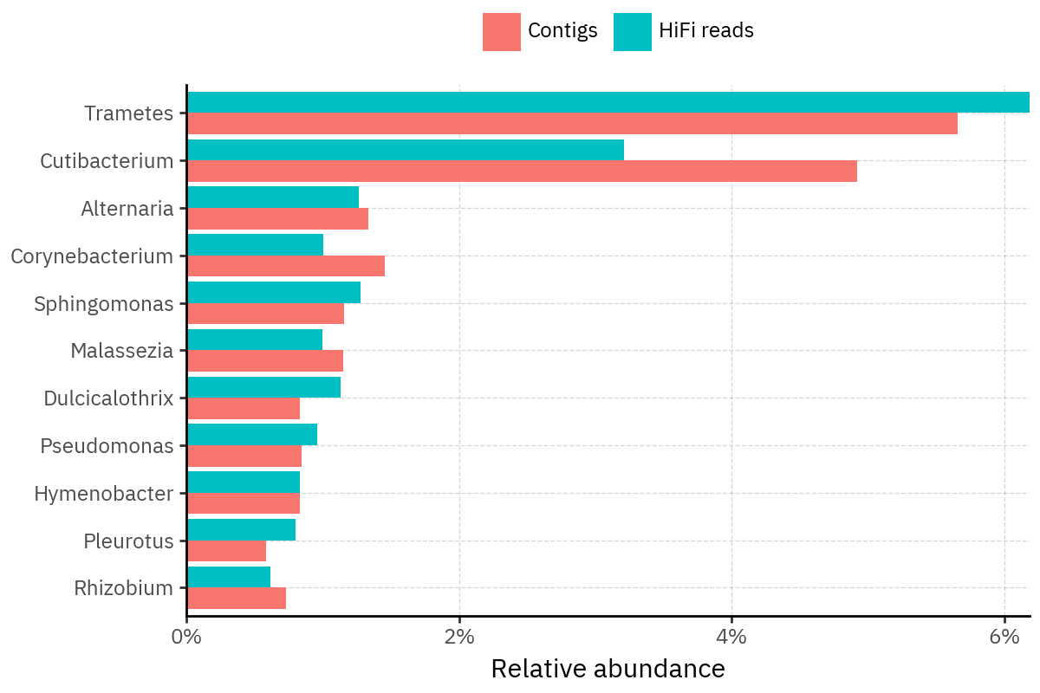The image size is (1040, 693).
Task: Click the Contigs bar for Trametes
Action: pyautogui.click(x=572, y=124)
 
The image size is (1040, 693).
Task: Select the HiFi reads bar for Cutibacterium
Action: pyautogui.click(x=406, y=150)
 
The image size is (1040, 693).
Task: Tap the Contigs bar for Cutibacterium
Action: pyautogui.click(x=522, y=172)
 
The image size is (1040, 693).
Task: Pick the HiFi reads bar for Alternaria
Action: pyautogui.click(x=273, y=198)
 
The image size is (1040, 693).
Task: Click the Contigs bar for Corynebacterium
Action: pyautogui.click(x=286, y=266)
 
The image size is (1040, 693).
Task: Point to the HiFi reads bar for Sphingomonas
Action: pyautogui.click(x=274, y=293)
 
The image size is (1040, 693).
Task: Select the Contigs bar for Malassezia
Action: pyautogui.click(x=265, y=361)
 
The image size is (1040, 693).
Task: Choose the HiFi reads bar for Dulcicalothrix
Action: pyautogui.click(x=264, y=387)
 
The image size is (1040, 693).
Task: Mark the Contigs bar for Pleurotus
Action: pyautogui.click(x=227, y=551)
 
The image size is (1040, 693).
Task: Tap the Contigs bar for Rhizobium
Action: pyautogui.click(x=237, y=599)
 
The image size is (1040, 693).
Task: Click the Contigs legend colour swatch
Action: pyautogui.click(x=502, y=32)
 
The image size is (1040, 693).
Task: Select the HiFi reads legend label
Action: pyautogui.click(x=705, y=31)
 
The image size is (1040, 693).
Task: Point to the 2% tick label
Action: pyautogui.click(x=459, y=638)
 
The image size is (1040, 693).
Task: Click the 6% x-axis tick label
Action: pyautogui.click(x=1004, y=638)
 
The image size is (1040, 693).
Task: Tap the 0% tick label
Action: pyautogui.click(x=187, y=638)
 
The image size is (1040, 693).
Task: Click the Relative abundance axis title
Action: pyautogui.click(x=608, y=669)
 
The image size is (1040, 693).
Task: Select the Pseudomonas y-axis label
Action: pyautogui.click(x=107, y=446)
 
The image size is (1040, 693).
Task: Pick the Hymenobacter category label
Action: pyautogui.click(x=104, y=494)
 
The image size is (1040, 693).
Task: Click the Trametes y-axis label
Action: pyautogui.click(x=129, y=113)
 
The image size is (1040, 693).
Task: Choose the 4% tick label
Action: pyautogui.click(x=731, y=638)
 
